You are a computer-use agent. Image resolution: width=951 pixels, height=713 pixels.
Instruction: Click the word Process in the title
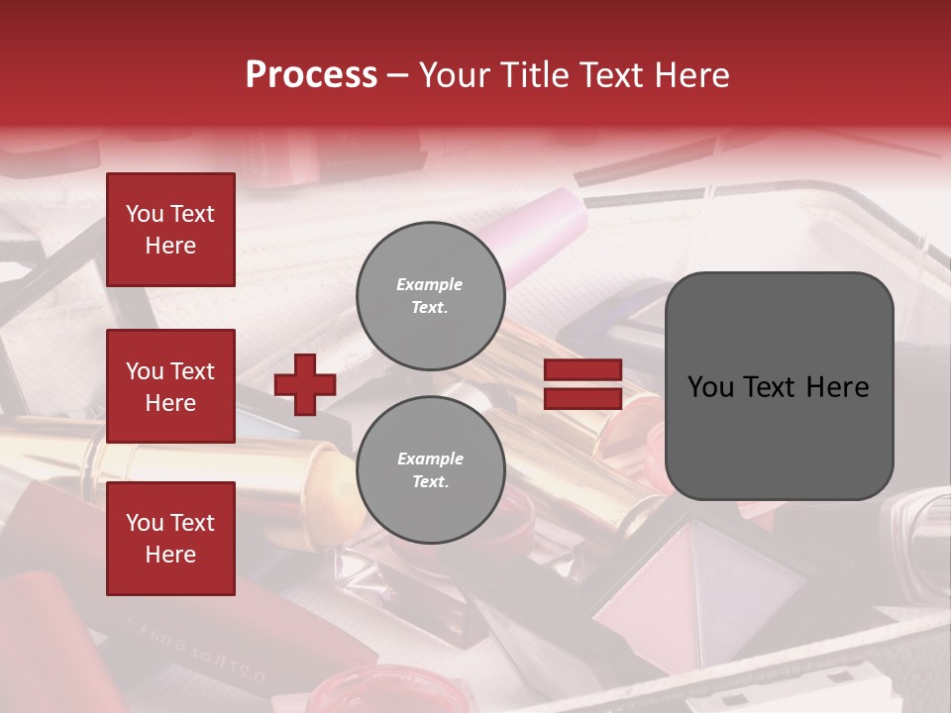311,75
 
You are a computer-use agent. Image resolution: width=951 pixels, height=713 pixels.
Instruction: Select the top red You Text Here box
170,230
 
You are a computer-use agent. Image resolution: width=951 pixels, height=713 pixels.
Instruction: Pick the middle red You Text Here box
170,386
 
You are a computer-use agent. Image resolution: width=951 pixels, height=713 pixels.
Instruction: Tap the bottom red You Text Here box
170,539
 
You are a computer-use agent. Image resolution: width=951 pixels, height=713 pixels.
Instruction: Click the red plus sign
305,384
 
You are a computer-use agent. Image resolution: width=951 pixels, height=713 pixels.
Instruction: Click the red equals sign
582,384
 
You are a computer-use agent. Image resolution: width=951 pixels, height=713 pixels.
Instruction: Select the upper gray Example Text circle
431,296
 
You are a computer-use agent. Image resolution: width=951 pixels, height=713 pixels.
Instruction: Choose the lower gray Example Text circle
431,469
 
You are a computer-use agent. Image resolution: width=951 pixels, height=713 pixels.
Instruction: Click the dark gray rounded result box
779,386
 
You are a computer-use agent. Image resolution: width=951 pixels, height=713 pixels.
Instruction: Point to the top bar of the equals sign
582,370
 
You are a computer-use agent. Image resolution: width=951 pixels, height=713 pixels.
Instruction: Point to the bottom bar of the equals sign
582,398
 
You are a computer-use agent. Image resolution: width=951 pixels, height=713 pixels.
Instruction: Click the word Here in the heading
693,75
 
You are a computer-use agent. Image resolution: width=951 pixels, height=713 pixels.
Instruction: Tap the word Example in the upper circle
430,284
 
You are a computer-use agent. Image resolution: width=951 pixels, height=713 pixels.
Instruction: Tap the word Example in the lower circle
430,458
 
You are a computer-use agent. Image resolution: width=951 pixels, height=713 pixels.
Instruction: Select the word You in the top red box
145,214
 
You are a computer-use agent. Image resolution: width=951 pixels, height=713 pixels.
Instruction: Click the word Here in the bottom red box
170,555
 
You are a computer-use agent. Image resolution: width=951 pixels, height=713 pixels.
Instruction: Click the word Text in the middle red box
191,371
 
